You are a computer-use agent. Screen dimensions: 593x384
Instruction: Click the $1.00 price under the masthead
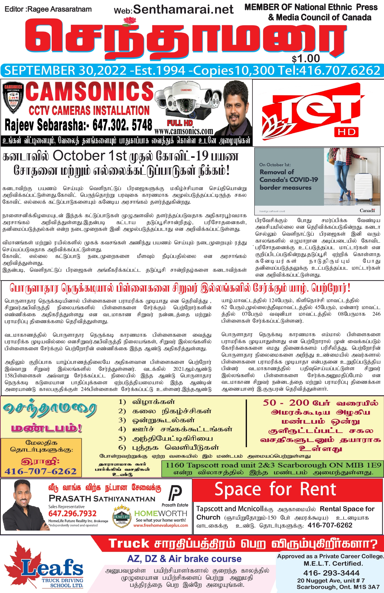pos(306,59)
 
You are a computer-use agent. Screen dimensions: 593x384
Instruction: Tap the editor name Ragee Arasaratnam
pos(59,9)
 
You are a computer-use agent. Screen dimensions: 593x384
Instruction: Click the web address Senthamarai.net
pos(183,10)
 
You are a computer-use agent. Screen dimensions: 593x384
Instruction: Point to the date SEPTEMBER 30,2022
pos(66,71)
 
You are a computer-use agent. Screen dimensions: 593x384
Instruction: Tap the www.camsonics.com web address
pos(184,131)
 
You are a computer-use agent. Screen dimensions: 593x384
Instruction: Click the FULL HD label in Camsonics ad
pos(180,123)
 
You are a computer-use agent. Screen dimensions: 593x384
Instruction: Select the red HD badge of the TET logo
pos(346,132)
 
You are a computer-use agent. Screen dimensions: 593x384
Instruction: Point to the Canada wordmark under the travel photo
pos(367,211)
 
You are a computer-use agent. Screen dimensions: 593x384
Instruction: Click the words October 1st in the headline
pos(90,156)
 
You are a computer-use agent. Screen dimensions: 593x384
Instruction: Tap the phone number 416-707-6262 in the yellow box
pos(41,471)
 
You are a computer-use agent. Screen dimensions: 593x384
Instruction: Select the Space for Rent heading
pos(275,490)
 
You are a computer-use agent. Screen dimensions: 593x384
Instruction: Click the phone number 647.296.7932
pos(72,513)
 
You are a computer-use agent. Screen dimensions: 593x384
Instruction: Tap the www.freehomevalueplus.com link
pos(161,525)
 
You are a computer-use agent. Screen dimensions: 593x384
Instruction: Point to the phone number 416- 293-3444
pos(331,573)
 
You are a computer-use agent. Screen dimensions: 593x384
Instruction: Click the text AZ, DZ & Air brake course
pos(184,559)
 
